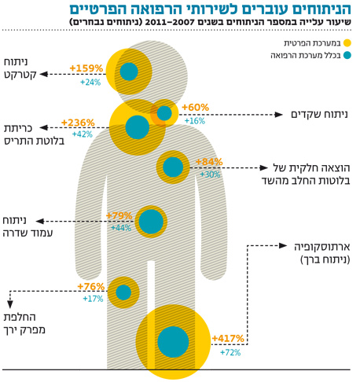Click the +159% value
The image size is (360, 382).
(86, 68)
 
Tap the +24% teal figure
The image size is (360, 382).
(90, 83)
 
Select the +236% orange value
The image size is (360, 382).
(78, 123)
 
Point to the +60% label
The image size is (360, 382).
(196, 107)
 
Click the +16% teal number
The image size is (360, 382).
(195, 121)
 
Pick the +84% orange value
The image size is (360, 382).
(209, 162)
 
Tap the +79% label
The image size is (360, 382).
(119, 215)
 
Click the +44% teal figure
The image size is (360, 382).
(121, 228)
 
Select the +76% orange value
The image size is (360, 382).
(91, 286)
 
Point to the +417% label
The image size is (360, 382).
(228, 338)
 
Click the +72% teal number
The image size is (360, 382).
(230, 352)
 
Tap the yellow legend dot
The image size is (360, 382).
(347, 43)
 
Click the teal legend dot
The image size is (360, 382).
(347, 55)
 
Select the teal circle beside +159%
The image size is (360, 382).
(129, 72)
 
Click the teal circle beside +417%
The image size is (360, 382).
(173, 342)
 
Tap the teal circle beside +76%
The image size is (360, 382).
(123, 292)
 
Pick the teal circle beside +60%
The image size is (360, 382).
(164, 113)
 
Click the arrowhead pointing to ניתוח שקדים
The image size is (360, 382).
(278, 115)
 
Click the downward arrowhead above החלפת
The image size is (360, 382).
(10, 304)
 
